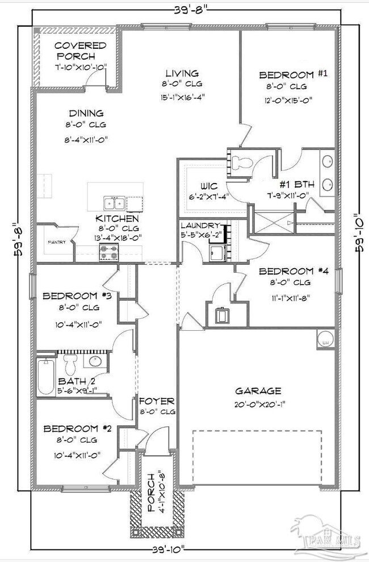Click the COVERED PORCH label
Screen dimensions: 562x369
click(x=81, y=51)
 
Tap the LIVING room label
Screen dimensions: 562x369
click(x=182, y=73)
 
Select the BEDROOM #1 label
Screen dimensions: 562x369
click(x=287, y=75)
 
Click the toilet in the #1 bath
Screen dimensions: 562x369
click(x=240, y=161)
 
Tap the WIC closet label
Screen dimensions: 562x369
click(x=198, y=186)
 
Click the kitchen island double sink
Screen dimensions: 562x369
click(x=114, y=203)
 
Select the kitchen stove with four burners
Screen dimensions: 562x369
click(x=108, y=252)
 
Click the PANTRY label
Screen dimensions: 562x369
click(x=56, y=243)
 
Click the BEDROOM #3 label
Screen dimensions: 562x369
click(x=72, y=296)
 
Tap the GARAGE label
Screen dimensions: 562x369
click(x=258, y=391)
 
